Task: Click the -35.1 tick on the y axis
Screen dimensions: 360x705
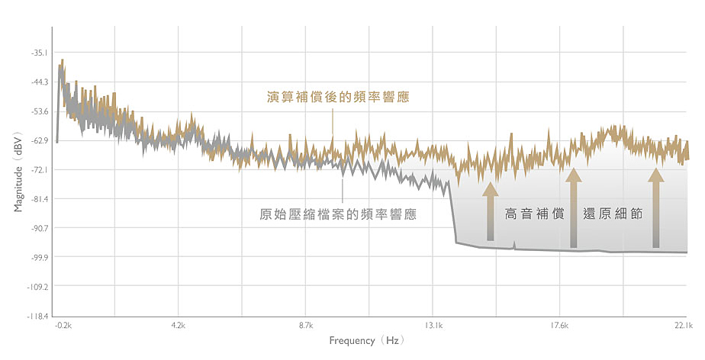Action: coord(38,53)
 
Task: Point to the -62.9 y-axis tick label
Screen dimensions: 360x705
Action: coord(38,140)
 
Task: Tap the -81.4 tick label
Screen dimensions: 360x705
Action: coord(38,199)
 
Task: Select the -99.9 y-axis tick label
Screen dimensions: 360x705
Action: coord(38,257)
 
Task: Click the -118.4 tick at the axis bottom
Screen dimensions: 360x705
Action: coord(37,316)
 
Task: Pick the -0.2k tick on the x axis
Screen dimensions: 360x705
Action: coord(63,326)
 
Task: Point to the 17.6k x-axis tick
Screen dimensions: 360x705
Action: coord(560,326)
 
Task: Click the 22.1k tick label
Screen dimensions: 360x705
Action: coord(683,326)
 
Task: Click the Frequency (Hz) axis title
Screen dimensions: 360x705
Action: coord(367,340)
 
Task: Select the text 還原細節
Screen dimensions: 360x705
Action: coord(612,214)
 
